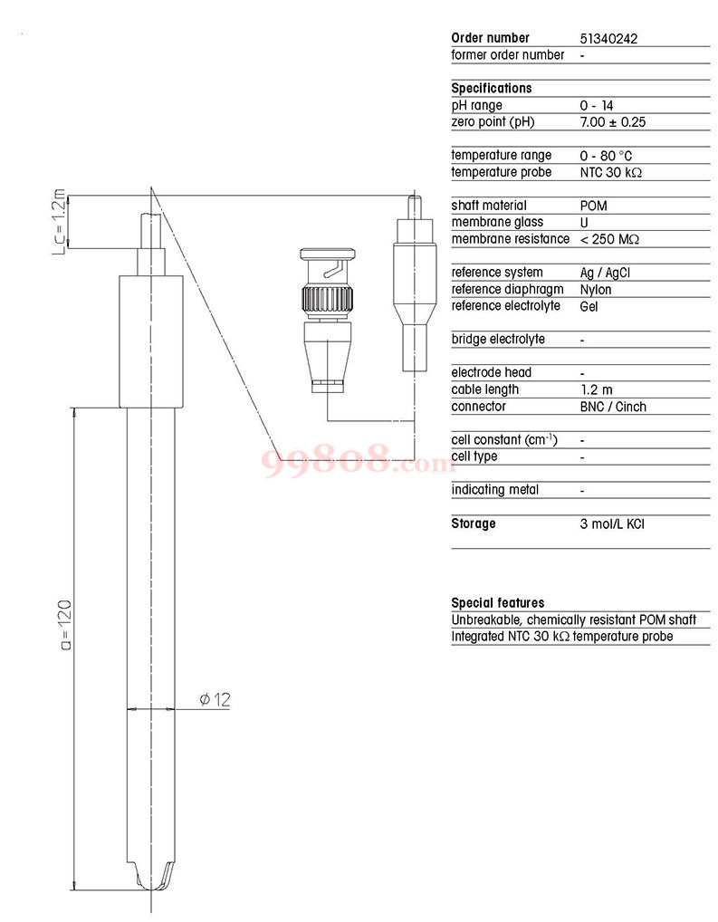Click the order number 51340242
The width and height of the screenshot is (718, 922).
[x=608, y=39]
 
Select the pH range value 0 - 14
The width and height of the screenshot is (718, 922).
[x=597, y=106]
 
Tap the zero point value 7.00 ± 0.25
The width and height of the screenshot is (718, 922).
[x=613, y=122]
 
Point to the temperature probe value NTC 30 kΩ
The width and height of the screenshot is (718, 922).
[x=611, y=173]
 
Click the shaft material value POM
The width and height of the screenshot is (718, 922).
[x=593, y=206]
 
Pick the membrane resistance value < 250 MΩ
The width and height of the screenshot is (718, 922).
[x=609, y=239]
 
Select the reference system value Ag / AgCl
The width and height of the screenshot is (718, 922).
[x=605, y=273]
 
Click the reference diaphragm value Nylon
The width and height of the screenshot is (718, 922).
[x=596, y=290]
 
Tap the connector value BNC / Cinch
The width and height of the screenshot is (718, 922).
[x=613, y=407]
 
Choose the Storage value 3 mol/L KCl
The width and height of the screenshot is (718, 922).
[x=612, y=523]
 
